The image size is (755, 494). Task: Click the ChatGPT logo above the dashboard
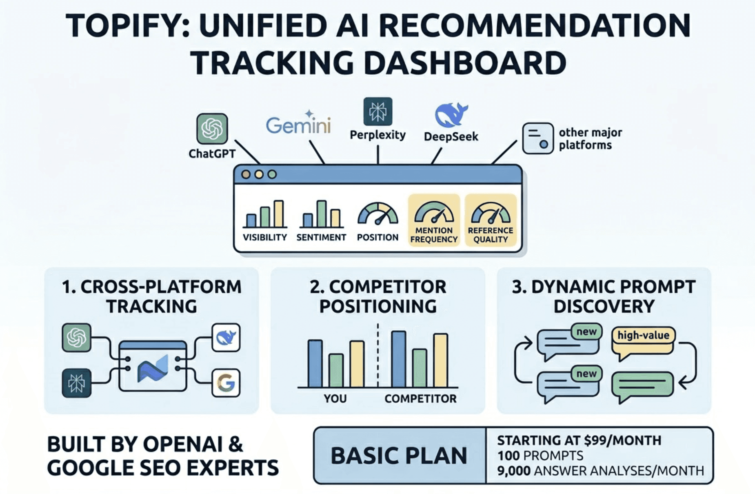[x=212, y=129]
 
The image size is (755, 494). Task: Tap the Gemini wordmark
[x=298, y=125]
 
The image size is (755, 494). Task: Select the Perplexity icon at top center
[x=377, y=111]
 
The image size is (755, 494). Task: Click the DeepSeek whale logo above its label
[x=451, y=115]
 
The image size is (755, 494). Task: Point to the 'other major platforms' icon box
[x=537, y=138]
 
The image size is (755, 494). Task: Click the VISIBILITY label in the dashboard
[x=265, y=237]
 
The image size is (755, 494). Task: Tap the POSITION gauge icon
[x=377, y=214]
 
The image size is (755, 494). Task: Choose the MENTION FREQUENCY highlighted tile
[x=434, y=220]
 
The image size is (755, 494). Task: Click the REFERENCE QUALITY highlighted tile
[x=491, y=220]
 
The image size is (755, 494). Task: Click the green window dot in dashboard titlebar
[x=272, y=175]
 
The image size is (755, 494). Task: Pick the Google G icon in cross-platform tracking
[x=226, y=383]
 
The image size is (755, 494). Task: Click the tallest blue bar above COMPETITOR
[x=398, y=359]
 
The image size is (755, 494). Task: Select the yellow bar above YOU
[x=357, y=364]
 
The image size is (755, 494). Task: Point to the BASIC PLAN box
[x=399, y=456]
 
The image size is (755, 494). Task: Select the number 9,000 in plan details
[x=513, y=471]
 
